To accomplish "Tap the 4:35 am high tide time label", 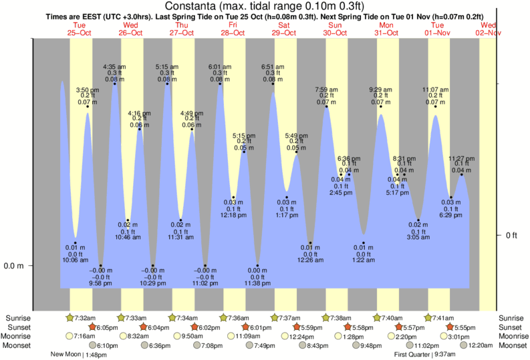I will (x=114, y=67).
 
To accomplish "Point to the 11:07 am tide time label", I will (x=434, y=89).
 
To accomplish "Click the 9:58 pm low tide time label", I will (x=101, y=284).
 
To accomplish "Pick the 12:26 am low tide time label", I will (x=310, y=260).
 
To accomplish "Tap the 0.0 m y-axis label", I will (x=14, y=266).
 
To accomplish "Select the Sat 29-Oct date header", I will (x=284, y=28).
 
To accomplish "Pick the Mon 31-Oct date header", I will (x=386, y=28).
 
